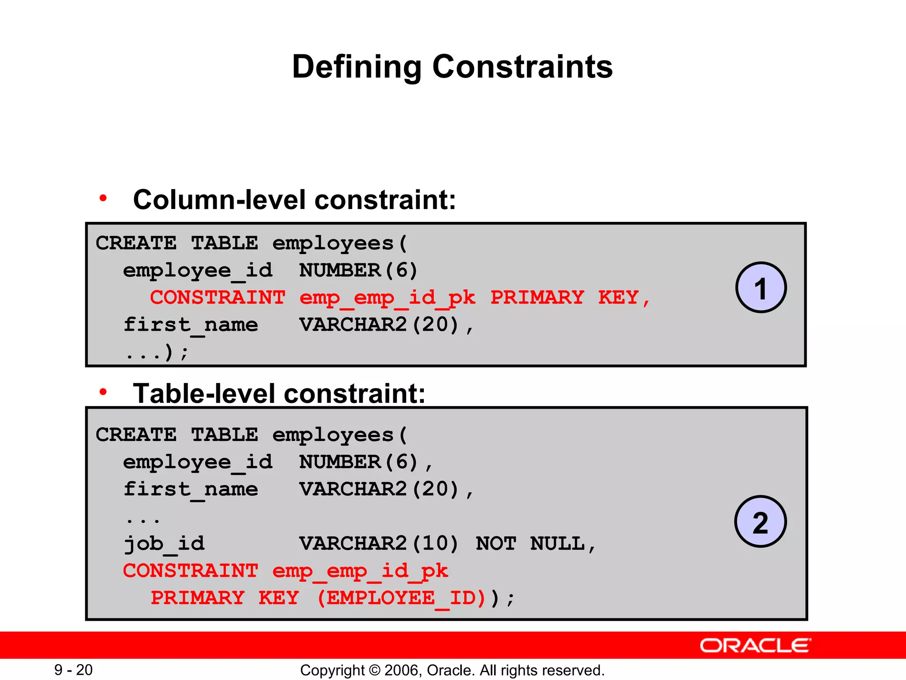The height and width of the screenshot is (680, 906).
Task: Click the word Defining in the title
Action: (357, 67)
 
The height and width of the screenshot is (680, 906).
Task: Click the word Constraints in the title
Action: (522, 67)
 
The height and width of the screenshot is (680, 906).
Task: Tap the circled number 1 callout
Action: (760, 288)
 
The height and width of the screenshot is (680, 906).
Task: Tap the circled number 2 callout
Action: (760, 522)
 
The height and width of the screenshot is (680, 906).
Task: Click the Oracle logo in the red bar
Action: (755, 645)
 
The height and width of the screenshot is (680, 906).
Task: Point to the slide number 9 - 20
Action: (73, 670)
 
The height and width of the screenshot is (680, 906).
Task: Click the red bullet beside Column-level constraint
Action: (103, 198)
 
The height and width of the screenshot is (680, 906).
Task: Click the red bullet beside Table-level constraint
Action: (103, 391)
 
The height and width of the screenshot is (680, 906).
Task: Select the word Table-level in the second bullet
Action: (204, 394)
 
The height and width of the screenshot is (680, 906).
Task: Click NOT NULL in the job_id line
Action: (536, 544)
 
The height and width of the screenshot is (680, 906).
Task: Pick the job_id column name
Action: (164, 544)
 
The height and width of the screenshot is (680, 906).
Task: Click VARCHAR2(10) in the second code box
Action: (379, 544)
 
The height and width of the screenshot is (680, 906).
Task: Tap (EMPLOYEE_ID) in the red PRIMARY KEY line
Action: (402, 598)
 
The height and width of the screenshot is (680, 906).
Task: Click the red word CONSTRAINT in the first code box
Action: (218, 297)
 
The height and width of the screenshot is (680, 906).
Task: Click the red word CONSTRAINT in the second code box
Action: (190, 571)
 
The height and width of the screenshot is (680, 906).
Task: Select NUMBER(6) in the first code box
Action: (358, 270)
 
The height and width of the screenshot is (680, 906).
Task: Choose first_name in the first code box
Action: (191, 325)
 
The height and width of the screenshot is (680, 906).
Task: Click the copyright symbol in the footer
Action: (374, 670)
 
